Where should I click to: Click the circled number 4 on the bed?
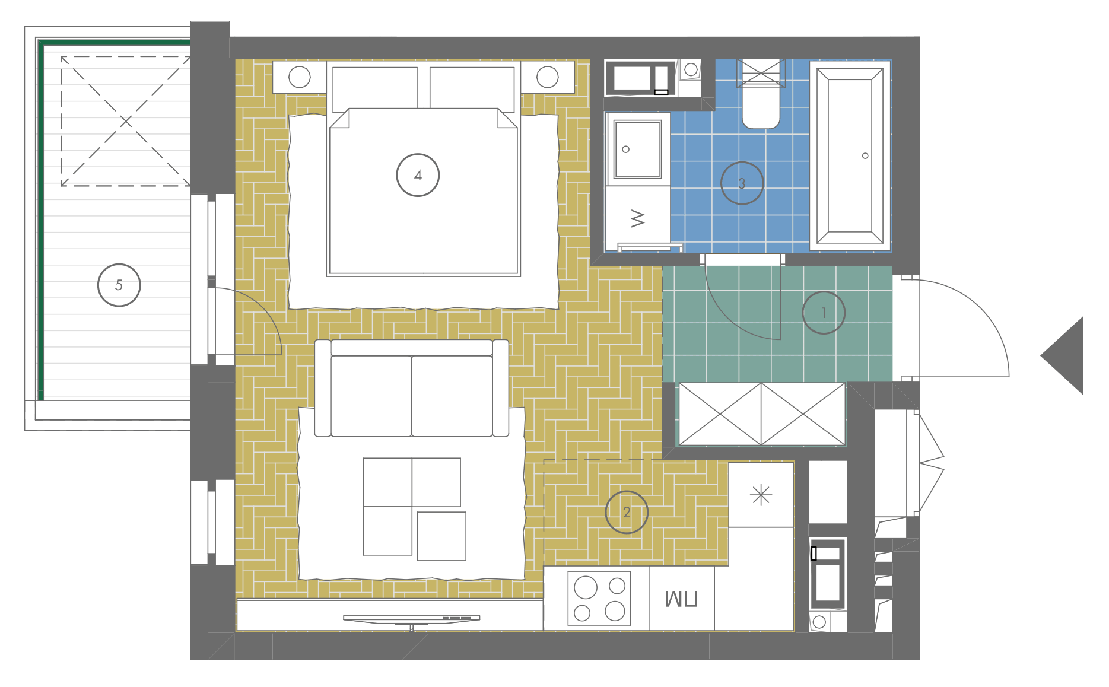[418, 175]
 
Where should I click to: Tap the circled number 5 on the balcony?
[119, 285]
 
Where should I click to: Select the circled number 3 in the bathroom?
[742, 183]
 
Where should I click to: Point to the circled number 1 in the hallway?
[824, 313]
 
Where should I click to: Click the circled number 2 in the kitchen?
[627, 512]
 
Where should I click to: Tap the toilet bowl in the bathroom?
[761, 107]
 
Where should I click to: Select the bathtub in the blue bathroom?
[850, 156]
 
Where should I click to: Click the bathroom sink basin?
[638, 149]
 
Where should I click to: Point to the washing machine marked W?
[638, 218]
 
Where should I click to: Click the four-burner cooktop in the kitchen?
[599, 598]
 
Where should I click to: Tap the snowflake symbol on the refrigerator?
[761, 495]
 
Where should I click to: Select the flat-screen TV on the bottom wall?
[411, 619]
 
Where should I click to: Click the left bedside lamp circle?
[299, 77]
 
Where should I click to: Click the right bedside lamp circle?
[547, 77]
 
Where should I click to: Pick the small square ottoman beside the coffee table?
[441, 536]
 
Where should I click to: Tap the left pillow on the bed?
[375, 89]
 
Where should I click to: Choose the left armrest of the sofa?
[322, 388]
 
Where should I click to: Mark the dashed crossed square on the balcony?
[125, 121]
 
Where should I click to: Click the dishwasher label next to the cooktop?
[681, 599]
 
